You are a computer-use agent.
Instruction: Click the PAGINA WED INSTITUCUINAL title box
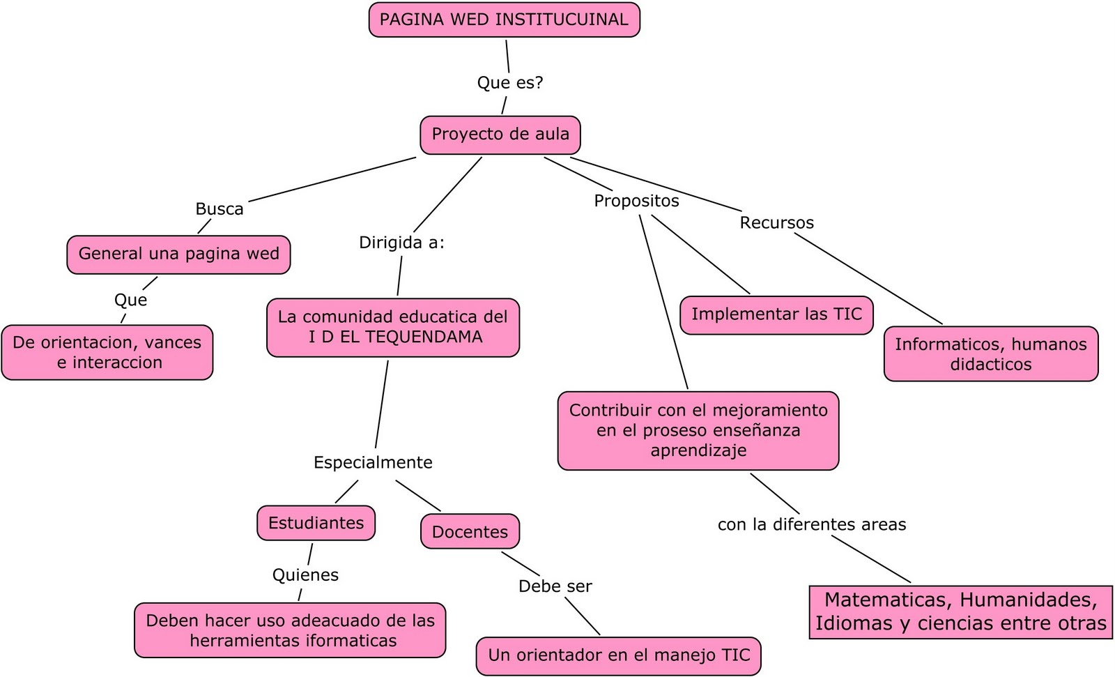coord(504,20)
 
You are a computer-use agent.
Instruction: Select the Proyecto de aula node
coord(500,134)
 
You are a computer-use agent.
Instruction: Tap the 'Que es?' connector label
coord(509,82)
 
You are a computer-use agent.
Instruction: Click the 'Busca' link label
coord(219,208)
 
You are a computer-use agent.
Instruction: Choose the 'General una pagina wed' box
coord(178,254)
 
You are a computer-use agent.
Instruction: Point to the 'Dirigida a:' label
coord(401,242)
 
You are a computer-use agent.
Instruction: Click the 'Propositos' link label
coord(636,201)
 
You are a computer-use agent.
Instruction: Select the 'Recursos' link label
coord(776,222)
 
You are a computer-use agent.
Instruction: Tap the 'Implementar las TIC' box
coord(776,314)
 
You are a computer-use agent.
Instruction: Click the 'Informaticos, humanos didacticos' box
coord(990,353)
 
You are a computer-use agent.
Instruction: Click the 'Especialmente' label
coord(373,462)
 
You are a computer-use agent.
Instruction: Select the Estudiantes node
coord(316,523)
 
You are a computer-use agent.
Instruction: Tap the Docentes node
coord(470,532)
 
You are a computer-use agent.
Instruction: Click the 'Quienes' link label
coord(305,575)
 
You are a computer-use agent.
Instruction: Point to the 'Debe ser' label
coord(555,586)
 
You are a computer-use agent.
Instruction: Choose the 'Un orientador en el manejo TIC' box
coord(619,655)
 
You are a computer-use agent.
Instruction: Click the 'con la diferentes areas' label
coord(812,524)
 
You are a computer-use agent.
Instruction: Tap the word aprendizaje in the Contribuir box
coord(698,450)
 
